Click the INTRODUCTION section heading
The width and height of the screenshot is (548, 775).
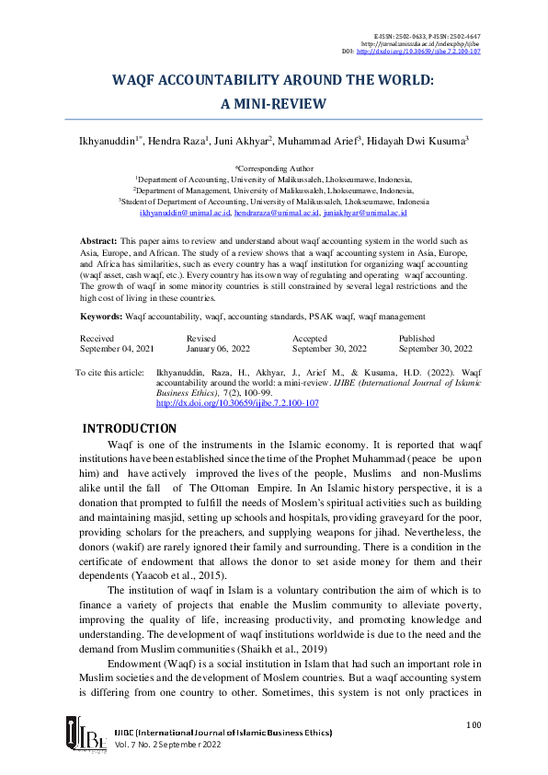[130, 428]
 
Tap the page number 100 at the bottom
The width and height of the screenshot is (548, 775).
[474, 724]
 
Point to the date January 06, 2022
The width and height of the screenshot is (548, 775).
[218, 350]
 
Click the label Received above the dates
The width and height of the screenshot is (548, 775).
[97, 339]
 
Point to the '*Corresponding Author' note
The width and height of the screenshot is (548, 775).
[274, 169]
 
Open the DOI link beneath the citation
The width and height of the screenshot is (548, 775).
[237, 403]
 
